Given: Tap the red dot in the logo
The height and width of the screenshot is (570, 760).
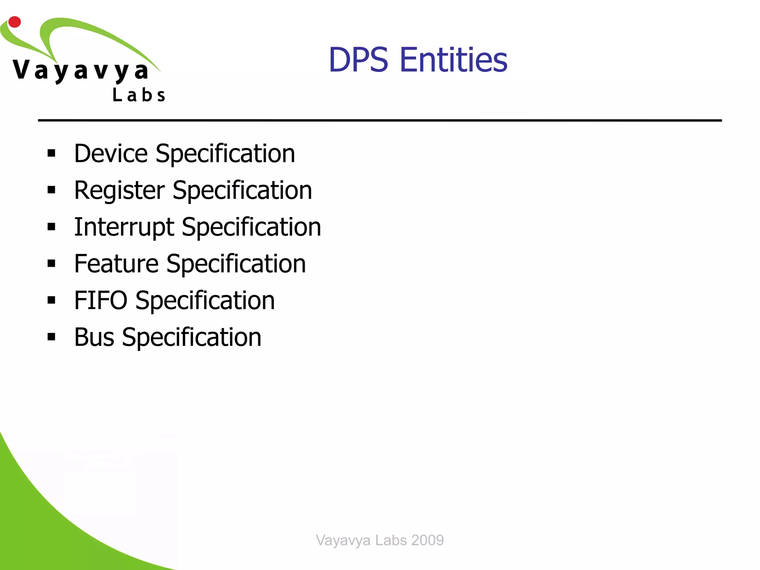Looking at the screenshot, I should (14, 22).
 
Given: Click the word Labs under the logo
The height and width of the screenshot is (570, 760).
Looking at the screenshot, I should (139, 95).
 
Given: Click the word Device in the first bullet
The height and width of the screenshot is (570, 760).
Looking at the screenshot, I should (111, 153).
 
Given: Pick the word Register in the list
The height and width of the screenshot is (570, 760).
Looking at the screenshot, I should (119, 190).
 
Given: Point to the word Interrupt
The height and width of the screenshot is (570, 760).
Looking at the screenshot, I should (124, 227).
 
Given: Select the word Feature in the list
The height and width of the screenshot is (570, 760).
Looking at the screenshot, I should (116, 263).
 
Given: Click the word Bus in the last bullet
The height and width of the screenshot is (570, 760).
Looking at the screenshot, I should (94, 337).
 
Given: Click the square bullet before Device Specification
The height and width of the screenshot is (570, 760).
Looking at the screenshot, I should (51, 153).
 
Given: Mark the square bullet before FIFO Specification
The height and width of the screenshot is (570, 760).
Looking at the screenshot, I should (51, 300).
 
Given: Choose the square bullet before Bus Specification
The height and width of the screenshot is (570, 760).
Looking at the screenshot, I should (51, 337).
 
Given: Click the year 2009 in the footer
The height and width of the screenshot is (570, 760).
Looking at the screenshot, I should (427, 540).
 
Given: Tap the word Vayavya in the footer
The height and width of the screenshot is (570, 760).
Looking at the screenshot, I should (343, 540).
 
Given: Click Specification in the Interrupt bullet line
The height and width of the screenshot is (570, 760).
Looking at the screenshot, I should (251, 227).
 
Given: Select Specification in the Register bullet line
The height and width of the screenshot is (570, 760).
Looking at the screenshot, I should (242, 190).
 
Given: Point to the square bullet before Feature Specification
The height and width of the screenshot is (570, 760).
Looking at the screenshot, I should (51, 263).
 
